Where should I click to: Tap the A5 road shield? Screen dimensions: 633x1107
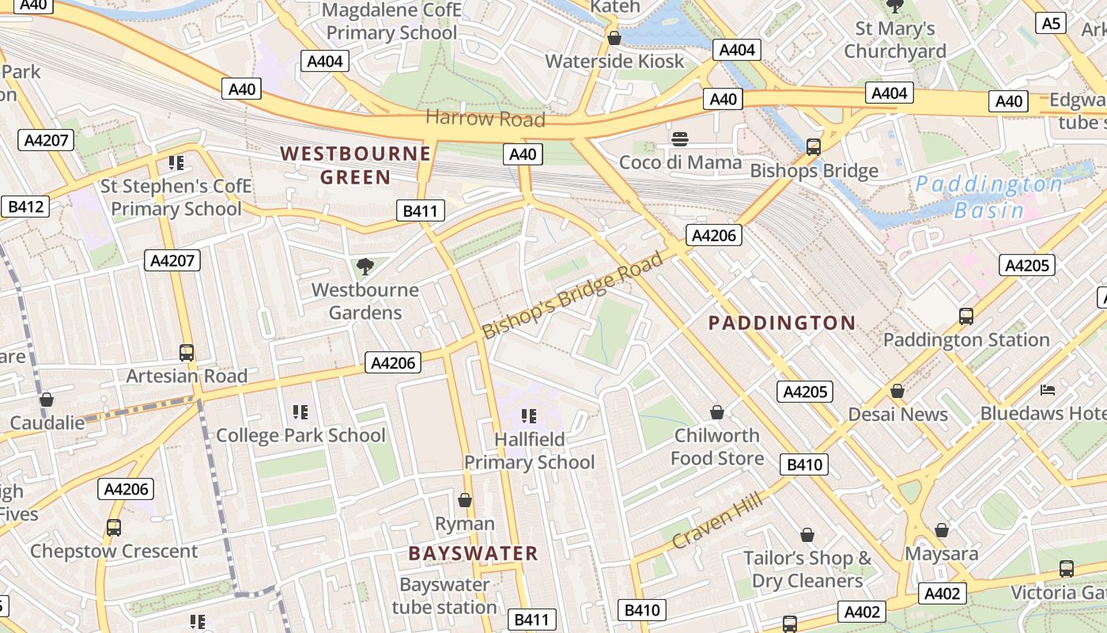(1051, 23)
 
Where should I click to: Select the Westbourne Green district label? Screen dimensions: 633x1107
(356, 165)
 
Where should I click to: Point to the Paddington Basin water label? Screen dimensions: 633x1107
(988, 197)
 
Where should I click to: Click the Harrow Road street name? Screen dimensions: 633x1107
(485, 119)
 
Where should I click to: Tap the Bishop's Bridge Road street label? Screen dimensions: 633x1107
(572, 295)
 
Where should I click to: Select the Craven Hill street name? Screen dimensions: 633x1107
(717, 520)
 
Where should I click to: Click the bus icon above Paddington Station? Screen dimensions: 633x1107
(965, 316)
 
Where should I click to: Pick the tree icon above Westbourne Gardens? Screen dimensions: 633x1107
(365, 267)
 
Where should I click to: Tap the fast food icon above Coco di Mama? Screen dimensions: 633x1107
(680, 140)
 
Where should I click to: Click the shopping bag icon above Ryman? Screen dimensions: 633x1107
(465, 500)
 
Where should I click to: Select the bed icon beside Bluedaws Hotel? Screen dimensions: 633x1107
(1048, 390)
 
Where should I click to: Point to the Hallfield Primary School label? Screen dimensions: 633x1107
(529, 450)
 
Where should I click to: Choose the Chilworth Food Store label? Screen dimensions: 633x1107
(717, 446)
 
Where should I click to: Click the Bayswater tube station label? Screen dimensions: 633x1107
(444, 596)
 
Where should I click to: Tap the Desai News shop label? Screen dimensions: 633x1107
(897, 414)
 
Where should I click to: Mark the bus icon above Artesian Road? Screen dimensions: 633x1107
(187, 353)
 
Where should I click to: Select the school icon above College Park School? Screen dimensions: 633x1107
(300, 412)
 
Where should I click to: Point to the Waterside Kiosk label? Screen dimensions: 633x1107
(614, 61)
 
